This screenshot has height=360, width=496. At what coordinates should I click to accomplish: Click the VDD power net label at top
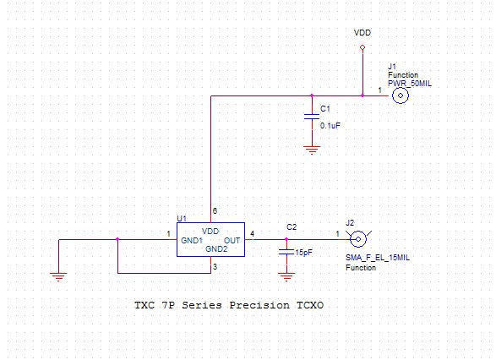(x=362, y=33)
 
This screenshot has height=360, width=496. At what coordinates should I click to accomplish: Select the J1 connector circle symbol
(x=401, y=95)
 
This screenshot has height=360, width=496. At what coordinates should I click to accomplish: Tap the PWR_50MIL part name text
(x=410, y=84)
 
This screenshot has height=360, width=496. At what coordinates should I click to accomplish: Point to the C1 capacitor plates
(x=312, y=117)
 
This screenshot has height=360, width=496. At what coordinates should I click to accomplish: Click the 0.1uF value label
(x=330, y=126)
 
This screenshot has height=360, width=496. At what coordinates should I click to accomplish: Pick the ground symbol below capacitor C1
(x=312, y=150)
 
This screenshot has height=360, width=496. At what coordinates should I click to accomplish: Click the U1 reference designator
(x=182, y=218)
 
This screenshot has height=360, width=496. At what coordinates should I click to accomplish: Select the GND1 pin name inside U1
(x=192, y=240)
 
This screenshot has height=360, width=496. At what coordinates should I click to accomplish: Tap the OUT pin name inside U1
(x=232, y=240)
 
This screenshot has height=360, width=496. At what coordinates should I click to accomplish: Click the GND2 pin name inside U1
(x=216, y=249)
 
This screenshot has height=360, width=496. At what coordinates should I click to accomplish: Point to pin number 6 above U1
(x=215, y=211)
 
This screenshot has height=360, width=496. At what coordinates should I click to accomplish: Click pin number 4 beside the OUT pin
(x=252, y=234)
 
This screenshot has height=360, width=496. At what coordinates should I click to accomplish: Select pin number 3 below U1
(x=215, y=267)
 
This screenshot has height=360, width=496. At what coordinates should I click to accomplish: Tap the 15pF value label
(x=303, y=253)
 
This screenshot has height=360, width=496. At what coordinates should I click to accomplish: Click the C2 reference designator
(x=292, y=227)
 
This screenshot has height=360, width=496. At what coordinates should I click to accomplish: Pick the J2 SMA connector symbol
(x=358, y=239)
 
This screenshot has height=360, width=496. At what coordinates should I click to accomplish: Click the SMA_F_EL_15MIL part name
(x=378, y=258)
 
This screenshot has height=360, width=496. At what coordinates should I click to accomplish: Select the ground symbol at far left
(x=58, y=277)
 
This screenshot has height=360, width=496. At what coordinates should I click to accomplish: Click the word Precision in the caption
(x=259, y=305)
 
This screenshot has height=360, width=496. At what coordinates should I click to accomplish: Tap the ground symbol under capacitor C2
(x=287, y=277)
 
